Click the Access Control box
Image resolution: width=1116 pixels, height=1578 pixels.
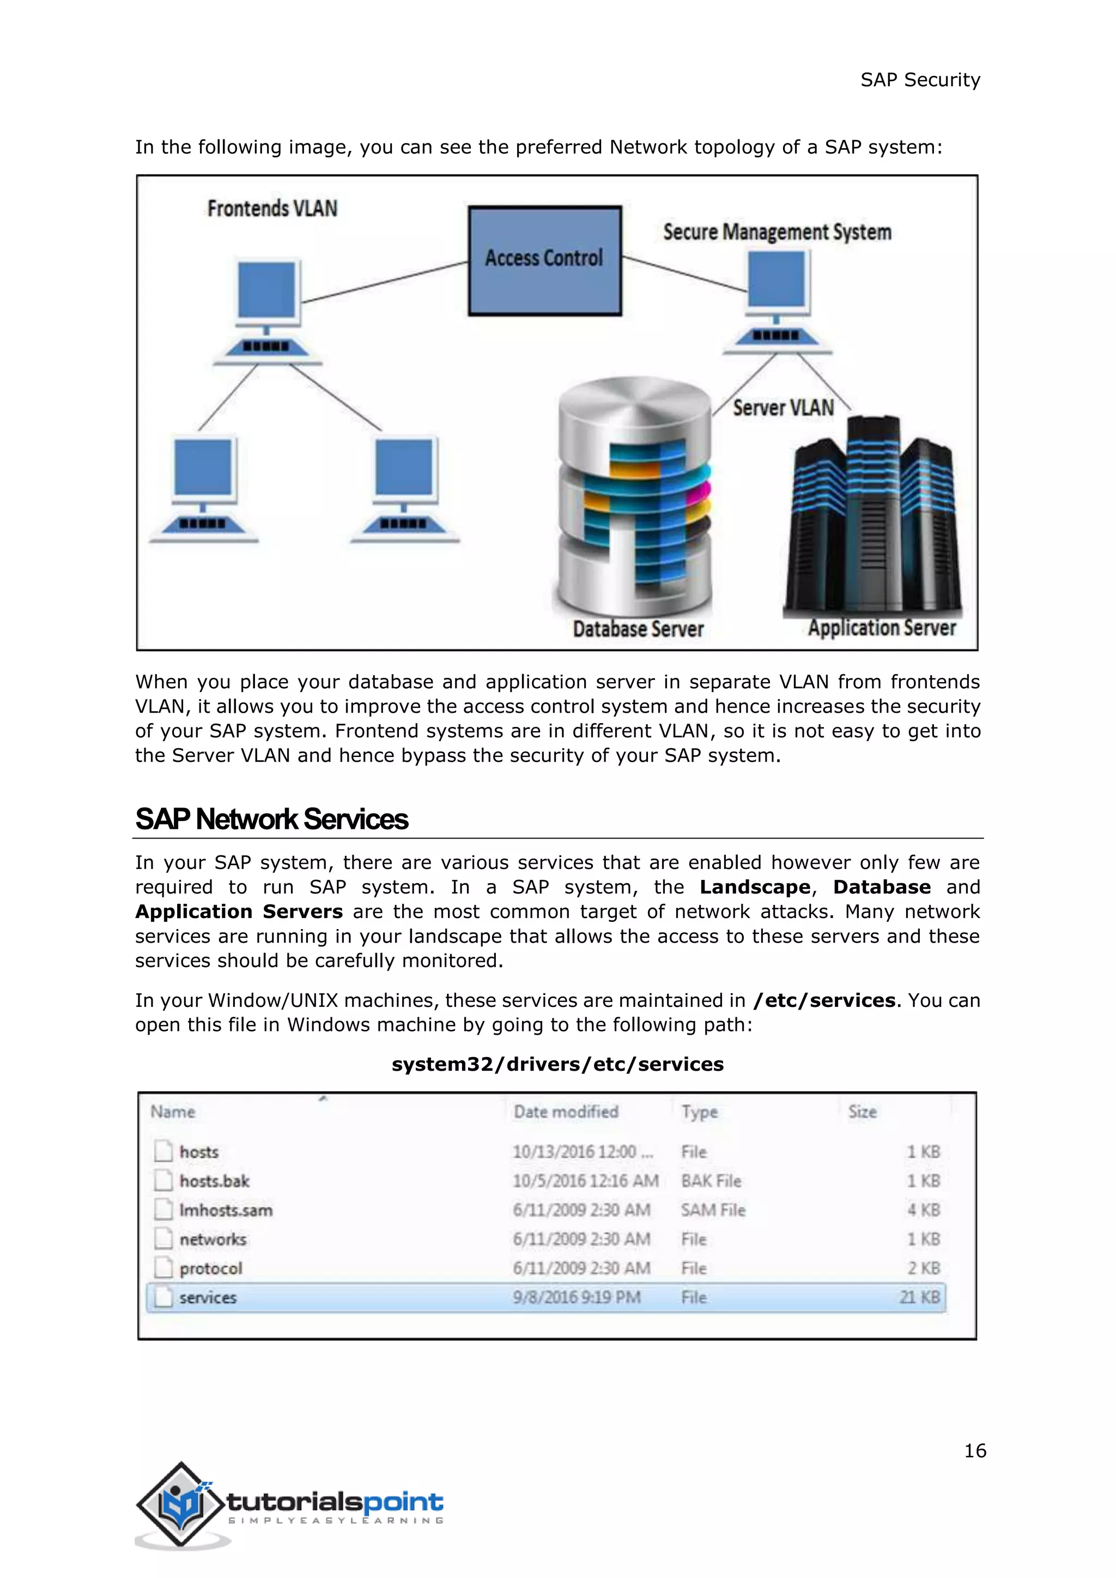544,261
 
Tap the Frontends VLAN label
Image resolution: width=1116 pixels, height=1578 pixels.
272,208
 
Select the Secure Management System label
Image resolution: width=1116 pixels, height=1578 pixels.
777,232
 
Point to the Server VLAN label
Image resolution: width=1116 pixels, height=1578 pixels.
783,408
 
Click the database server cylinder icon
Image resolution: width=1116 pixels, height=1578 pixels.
634,495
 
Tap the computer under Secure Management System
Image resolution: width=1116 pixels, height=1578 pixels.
777,302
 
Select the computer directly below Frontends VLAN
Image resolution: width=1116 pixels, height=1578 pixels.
268,313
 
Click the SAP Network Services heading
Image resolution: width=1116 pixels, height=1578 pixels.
271,819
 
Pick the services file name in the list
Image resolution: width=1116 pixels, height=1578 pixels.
208,1297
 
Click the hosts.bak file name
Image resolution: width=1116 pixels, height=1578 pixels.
214,1181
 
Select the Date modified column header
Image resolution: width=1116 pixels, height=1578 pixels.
566,1112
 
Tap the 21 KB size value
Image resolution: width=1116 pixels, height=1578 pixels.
919,1297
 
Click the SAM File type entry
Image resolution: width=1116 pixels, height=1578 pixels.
713,1210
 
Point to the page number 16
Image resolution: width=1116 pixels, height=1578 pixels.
974,1451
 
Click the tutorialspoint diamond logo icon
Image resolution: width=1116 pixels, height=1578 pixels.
181,1504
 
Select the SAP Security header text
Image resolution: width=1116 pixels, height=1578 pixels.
920,80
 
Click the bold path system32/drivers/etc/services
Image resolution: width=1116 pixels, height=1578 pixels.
557,1064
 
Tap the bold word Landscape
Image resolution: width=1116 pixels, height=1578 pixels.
755,887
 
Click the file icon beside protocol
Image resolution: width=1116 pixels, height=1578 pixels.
163,1267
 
